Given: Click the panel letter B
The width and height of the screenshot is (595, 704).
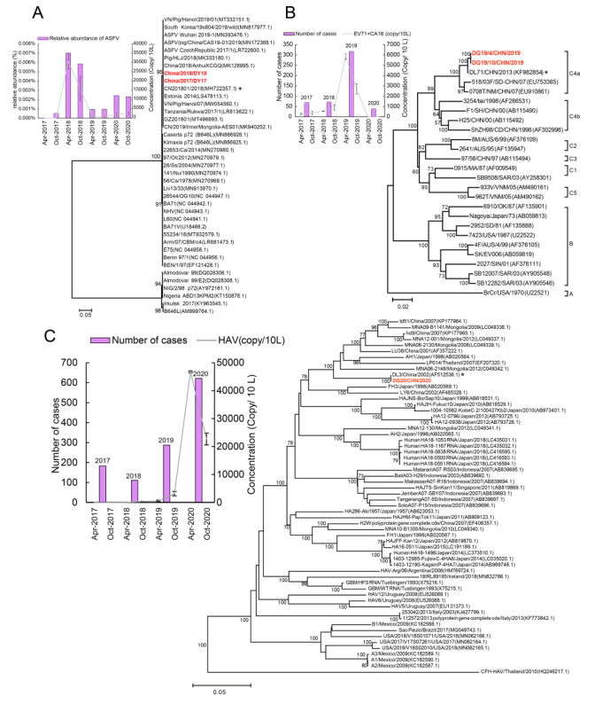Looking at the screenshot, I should coord(303,12).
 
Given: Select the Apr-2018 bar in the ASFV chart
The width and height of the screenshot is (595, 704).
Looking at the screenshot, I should coord(69,84).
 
